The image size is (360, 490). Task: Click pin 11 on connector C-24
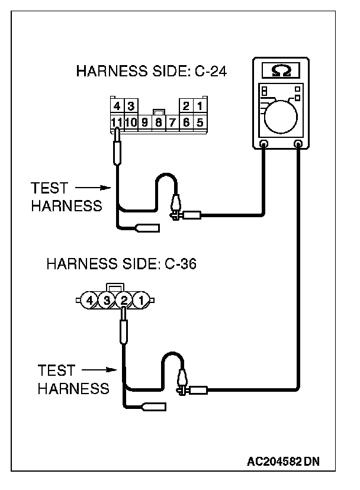pos(117,122)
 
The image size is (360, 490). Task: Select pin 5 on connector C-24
pos(200,122)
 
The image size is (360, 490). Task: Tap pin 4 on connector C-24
pos(117,107)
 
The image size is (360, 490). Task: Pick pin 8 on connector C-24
pos(158,123)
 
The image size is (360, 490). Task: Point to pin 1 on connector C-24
pos(200,107)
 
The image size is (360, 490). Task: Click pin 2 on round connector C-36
pos(124,300)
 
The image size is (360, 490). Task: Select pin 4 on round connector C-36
pos(89,300)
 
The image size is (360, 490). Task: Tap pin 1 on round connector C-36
pos(141,300)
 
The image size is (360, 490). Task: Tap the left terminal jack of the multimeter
pos(264,144)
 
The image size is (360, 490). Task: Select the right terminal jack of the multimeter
pos(298,144)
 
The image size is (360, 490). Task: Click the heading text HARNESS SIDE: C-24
pos(152,72)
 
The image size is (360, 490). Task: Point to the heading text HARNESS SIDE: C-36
pos(121,263)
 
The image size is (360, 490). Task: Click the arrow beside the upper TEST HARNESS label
pos(94,188)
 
